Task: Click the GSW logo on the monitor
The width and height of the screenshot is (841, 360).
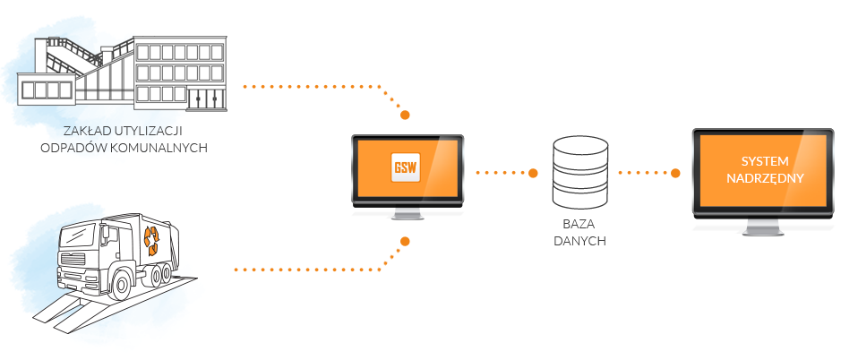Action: click(x=407, y=168)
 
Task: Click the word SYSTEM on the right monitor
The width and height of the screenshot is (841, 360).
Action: click(x=764, y=161)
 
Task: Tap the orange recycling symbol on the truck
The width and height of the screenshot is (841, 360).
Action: click(x=154, y=238)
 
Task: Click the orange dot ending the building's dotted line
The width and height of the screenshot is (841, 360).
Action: click(x=406, y=116)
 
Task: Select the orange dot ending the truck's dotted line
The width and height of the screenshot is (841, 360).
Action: click(x=406, y=241)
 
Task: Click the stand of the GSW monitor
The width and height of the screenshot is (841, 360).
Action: click(x=407, y=215)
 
